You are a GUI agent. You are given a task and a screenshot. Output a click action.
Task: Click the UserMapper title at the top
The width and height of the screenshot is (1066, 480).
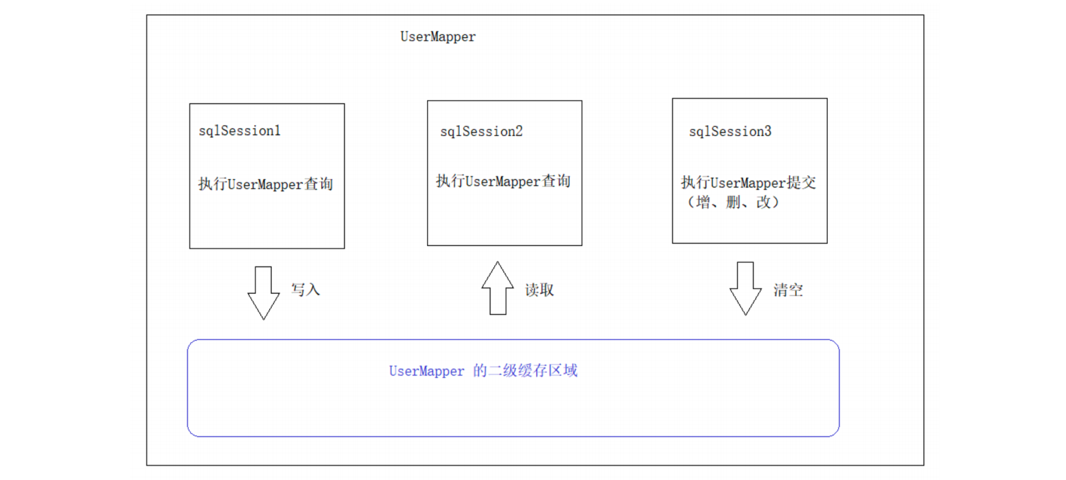(x=438, y=38)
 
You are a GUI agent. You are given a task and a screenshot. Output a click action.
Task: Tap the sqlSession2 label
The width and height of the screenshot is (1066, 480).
(x=481, y=132)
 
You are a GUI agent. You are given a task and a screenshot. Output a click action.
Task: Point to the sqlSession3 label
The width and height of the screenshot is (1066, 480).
(x=730, y=132)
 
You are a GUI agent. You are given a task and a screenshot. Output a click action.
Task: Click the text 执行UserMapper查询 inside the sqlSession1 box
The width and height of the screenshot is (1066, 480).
(x=266, y=184)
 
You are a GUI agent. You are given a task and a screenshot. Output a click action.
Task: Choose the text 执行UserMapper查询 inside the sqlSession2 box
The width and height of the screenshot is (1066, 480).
(x=504, y=182)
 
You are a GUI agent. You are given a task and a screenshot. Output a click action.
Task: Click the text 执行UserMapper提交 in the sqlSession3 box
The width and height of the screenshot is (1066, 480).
(x=751, y=183)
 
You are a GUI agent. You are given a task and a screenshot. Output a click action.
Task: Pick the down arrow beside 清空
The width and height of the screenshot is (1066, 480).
(x=746, y=289)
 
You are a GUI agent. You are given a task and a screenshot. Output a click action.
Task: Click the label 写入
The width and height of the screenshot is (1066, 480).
(x=306, y=290)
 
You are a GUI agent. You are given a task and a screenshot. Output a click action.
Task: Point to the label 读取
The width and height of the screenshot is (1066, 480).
(x=540, y=290)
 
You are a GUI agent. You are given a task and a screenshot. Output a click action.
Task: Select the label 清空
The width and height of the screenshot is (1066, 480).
(x=788, y=290)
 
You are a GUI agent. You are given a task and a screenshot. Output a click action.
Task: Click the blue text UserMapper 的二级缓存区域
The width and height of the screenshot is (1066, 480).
(x=483, y=372)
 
